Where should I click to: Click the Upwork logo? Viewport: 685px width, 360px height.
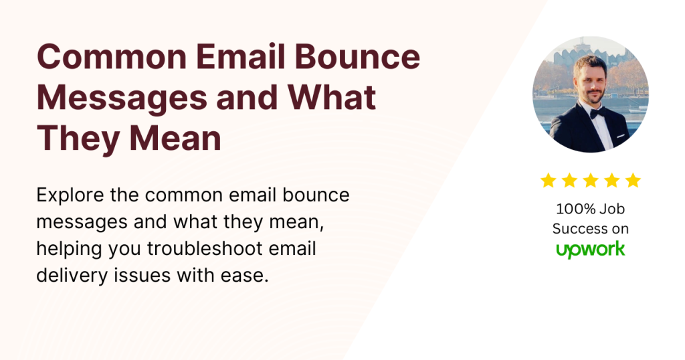click(591, 250)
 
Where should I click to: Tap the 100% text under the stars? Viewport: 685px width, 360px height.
click(573, 208)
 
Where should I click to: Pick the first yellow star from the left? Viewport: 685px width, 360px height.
click(549, 181)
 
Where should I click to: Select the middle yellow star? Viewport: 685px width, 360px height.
click(591, 181)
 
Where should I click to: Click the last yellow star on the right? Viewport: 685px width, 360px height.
click(633, 181)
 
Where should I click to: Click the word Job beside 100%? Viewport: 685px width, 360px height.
click(612, 208)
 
